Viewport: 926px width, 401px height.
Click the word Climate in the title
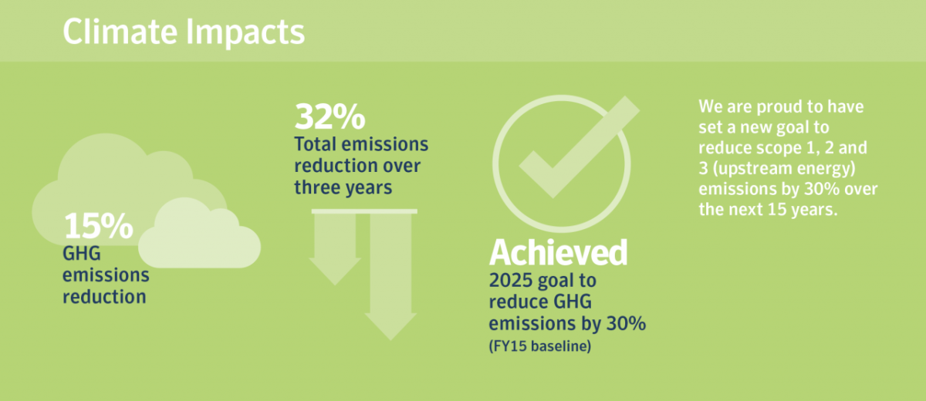(x=120, y=32)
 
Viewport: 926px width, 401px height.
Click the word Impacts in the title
(x=245, y=33)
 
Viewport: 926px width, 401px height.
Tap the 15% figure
(x=99, y=225)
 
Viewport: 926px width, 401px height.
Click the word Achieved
(x=558, y=252)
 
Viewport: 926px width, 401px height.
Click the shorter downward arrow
(x=335, y=248)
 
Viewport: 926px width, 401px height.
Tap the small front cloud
(x=199, y=234)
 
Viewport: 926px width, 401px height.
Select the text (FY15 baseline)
(x=540, y=346)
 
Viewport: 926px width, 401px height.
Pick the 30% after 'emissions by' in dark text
(x=626, y=323)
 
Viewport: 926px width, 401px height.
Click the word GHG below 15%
(x=82, y=253)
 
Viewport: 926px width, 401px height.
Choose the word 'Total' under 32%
(x=315, y=144)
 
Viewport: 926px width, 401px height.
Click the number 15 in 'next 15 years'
(x=777, y=210)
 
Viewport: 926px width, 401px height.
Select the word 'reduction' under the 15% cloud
(x=104, y=297)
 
